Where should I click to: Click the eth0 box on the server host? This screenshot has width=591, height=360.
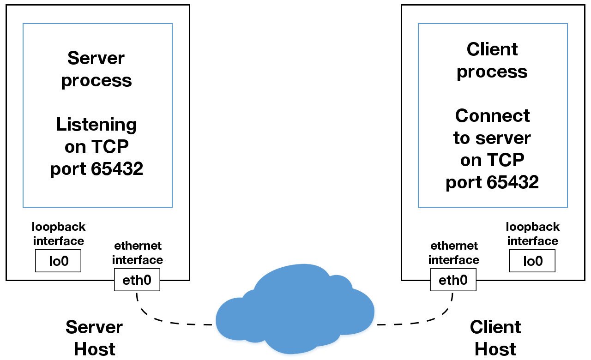[x=137, y=280]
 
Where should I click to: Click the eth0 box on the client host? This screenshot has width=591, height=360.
[x=453, y=280]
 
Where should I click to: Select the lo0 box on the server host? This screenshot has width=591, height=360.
[x=58, y=261]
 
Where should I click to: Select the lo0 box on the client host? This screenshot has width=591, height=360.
[x=532, y=261]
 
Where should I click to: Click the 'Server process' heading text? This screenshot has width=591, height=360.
[x=96, y=69]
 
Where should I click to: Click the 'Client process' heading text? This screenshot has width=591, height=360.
[x=492, y=60]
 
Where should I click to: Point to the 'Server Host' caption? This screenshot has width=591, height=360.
[x=94, y=338]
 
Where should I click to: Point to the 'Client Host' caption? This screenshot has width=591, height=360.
[x=495, y=338]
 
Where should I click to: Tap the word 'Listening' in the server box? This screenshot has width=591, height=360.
[x=96, y=125]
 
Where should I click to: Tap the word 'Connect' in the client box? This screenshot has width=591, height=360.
[x=492, y=115]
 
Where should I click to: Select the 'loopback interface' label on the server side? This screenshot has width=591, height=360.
[x=58, y=234]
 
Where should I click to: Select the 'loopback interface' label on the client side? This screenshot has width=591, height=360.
[x=532, y=234]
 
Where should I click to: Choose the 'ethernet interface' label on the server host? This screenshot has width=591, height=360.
[x=137, y=252]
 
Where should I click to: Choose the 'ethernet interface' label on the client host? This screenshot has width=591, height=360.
[x=453, y=252]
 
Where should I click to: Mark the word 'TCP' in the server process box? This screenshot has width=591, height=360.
[x=110, y=147]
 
